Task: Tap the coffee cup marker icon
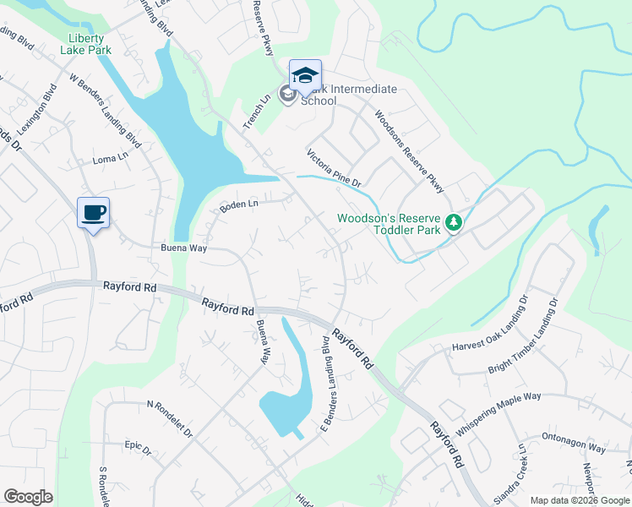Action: coord(93,212)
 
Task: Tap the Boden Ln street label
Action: coord(238,205)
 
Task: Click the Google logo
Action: coord(28,497)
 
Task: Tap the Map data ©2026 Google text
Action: coord(580,500)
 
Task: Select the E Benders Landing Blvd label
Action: coord(320,380)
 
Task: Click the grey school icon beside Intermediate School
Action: coord(287,94)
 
